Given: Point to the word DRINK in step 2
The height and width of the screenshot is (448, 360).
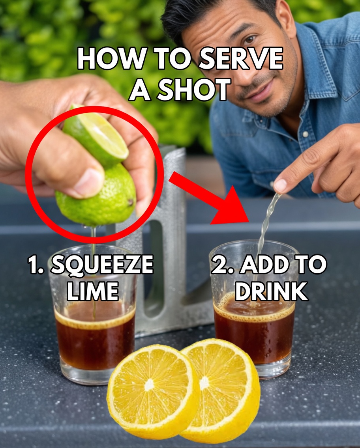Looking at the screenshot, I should pyautogui.click(x=271, y=292).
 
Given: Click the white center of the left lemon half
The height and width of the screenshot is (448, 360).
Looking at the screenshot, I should pyautogui.click(x=149, y=385).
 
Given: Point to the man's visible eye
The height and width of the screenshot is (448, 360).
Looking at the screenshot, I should pyautogui.click(x=249, y=39).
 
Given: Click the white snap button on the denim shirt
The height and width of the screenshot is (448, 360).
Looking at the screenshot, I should pyautogui.click(x=304, y=134).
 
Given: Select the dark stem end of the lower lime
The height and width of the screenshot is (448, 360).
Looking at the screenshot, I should pyautogui.click(x=130, y=203).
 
